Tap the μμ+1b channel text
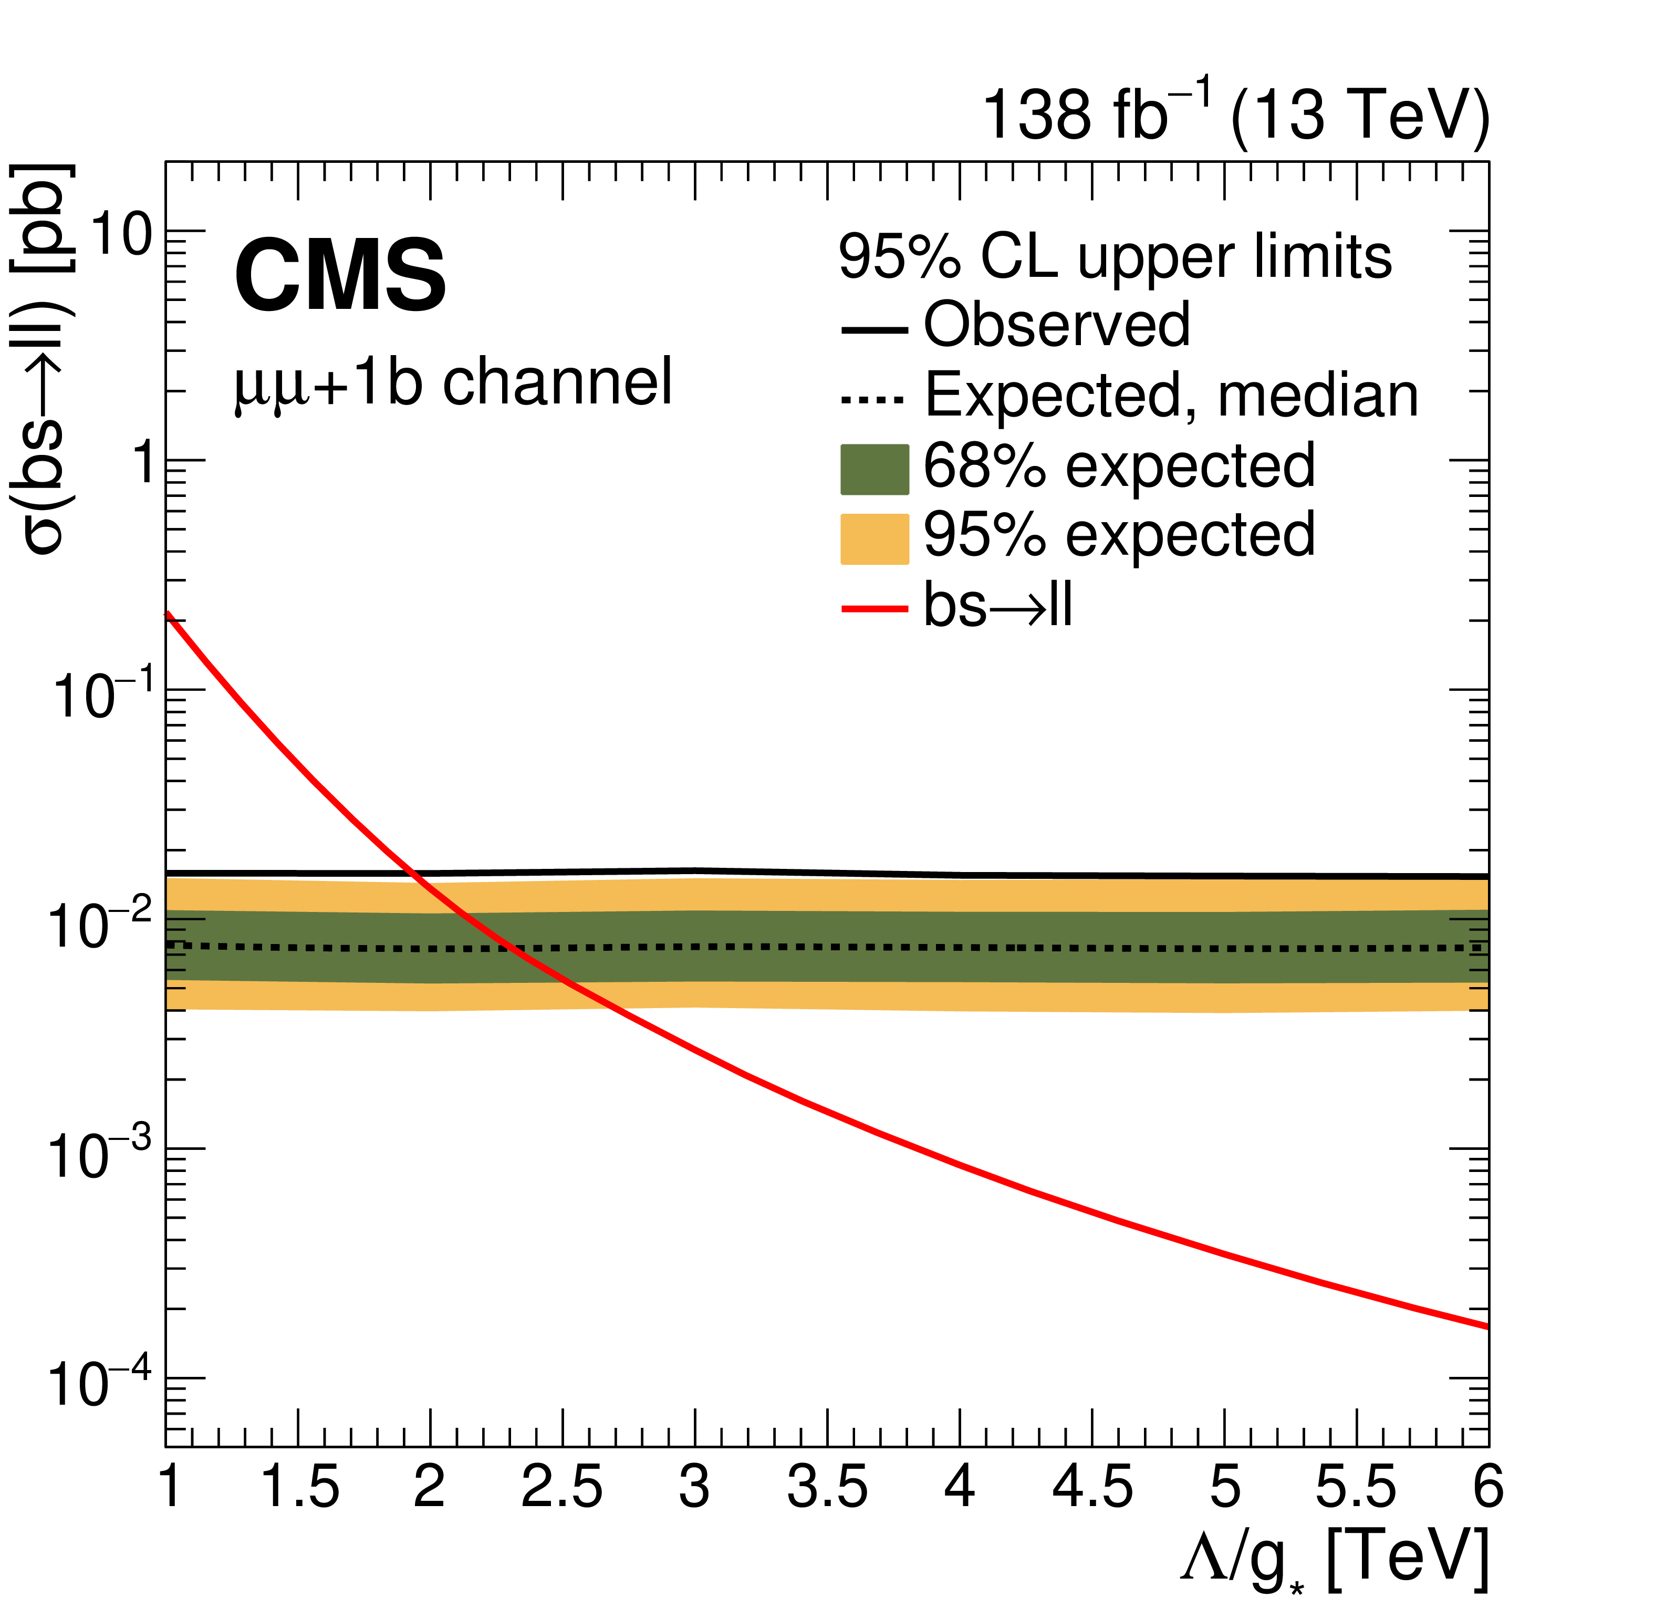(x=453, y=382)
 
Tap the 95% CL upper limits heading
(x=1115, y=257)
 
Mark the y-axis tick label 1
(x=146, y=464)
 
